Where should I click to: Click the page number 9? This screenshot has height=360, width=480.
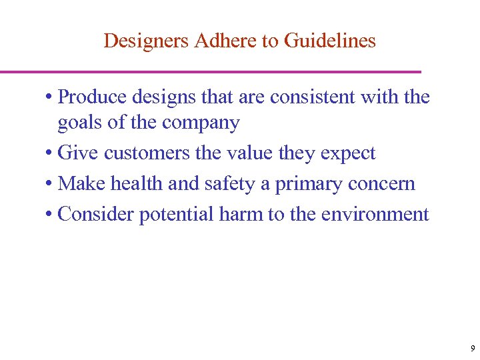(472, 349)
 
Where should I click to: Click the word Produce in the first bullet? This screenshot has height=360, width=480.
(93, 97)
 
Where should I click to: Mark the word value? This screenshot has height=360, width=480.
(251, 153)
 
